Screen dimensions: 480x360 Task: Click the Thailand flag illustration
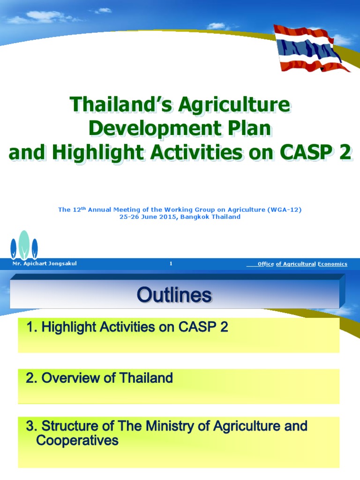(312, 48)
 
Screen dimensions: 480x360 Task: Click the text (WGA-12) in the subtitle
(284, 210)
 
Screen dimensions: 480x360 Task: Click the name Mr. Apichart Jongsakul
(45, 264)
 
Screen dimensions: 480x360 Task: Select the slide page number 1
(171, 264)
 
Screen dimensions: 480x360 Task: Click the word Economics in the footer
(332, 264)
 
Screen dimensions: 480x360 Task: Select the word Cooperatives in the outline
(77, 441)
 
